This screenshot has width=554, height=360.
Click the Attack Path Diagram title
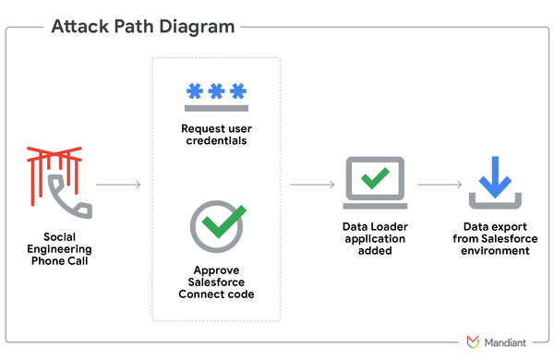click(143, 27)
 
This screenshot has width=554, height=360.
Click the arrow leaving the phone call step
click(117, 185)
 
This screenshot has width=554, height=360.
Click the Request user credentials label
click(216, 136)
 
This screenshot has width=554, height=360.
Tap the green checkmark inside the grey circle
click(221, 221)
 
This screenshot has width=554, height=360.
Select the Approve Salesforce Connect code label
click(216, 282)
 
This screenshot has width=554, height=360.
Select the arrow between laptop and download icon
click(439, 185)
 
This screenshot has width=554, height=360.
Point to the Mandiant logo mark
click(473, 342)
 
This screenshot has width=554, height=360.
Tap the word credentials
click(216, 142)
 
